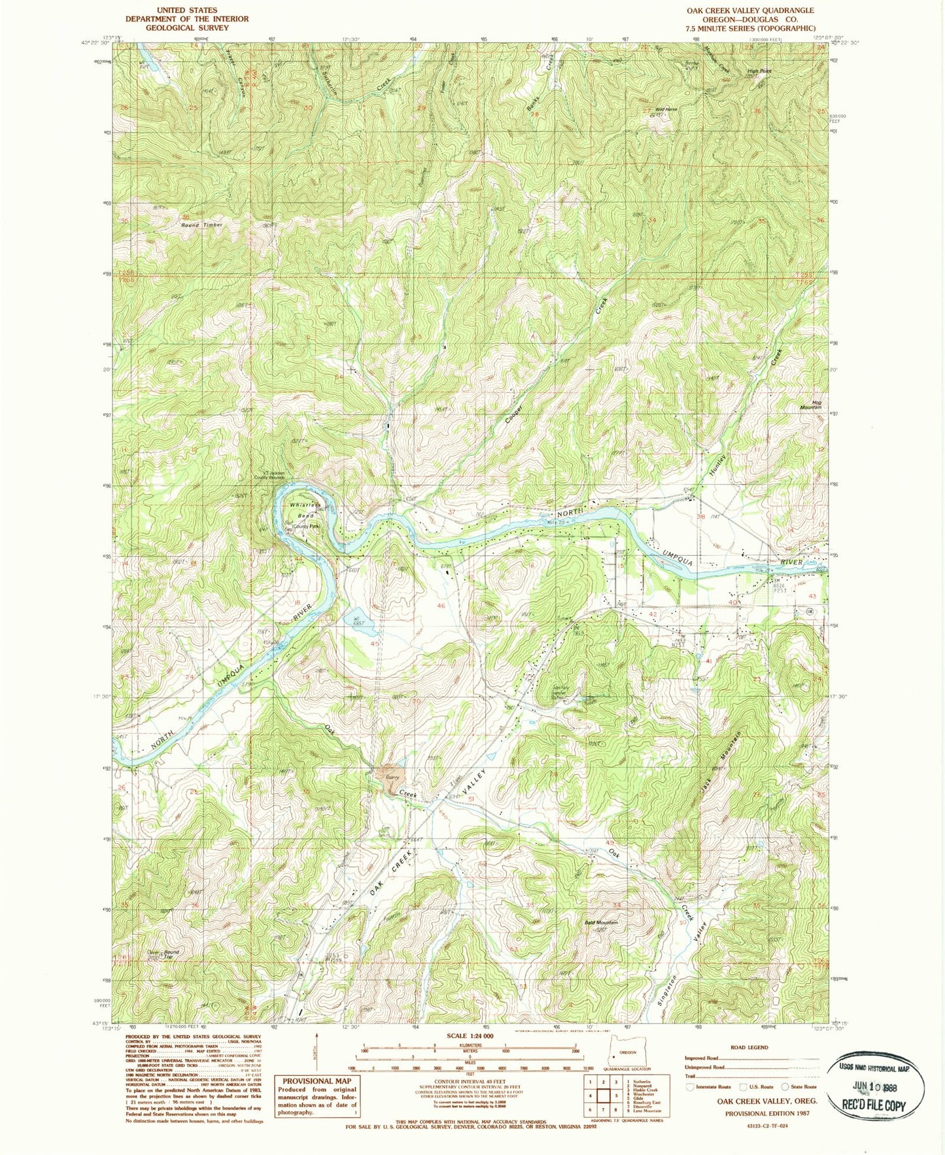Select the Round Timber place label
(x=202, y=225)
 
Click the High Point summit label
(x=759, y=72)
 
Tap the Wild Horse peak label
(x=666, y=109)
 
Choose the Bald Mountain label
(x=600, y=922)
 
